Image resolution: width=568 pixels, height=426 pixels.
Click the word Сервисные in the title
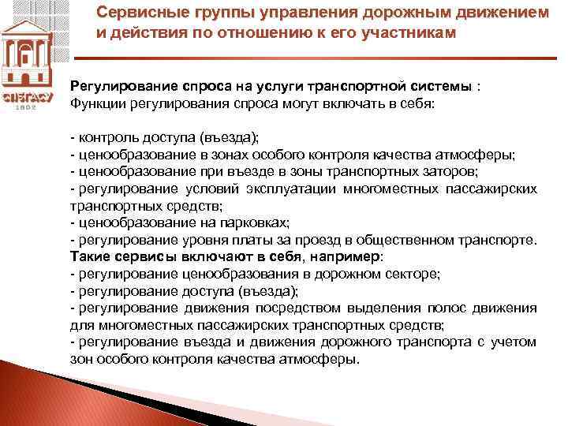click(x=131, y=13)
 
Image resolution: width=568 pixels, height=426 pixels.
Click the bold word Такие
click(x=90, y=257)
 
